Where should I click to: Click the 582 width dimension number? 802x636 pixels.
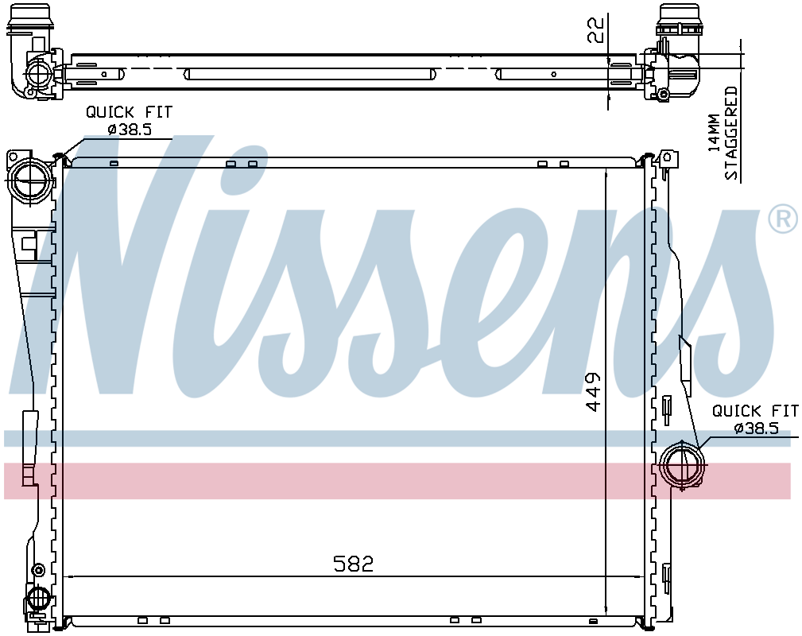click(354, 564)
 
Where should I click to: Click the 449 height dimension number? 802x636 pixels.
click(593, 391)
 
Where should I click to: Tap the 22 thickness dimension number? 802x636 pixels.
click(595, 30)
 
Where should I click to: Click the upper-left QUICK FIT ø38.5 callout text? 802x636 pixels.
click(130, 120)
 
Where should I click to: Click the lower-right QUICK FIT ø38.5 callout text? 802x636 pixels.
click(755, 419)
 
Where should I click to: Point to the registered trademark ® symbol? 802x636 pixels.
click(783, 219)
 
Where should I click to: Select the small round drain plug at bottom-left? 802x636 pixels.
click(38, 570)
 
